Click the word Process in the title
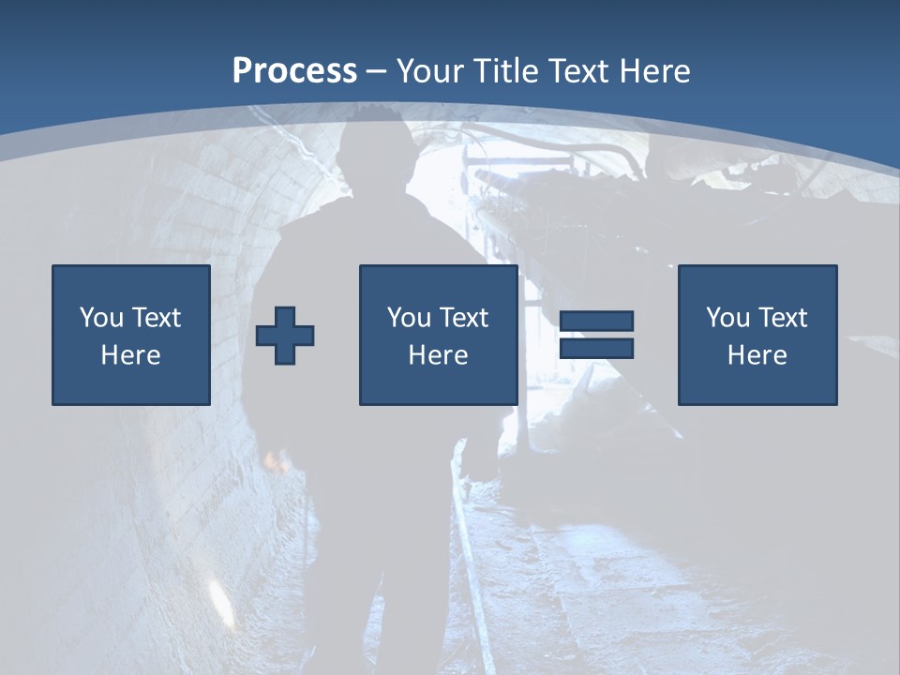(x=294, y=71)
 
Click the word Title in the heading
(x=505, y=71)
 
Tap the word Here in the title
(x=653, y=71)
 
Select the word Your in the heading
(x=431, y=71)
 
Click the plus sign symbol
(x=285, y=335)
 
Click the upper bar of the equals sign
(x=596, y=322)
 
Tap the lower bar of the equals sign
(x=596, y=348)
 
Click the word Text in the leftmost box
(x=157, y=318)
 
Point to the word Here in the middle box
(x=439, y=355)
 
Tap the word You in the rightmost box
(x=727, y=318)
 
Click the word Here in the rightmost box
(x=757, y=355)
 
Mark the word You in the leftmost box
(x=101, y=318)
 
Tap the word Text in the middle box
(x=464, y=318)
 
